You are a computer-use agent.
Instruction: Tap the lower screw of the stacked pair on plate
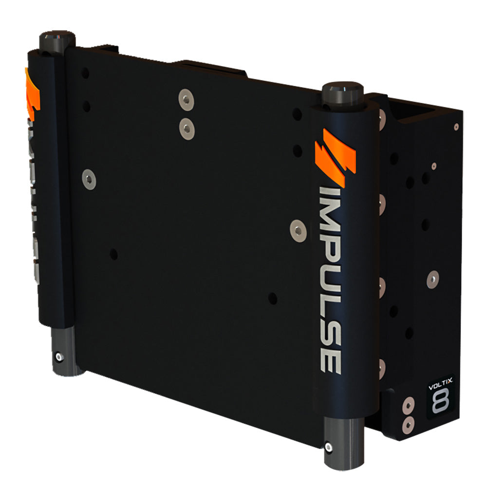click(187, 128)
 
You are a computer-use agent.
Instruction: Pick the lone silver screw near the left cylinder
click(89, 179)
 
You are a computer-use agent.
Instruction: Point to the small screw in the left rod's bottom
click(59, 357)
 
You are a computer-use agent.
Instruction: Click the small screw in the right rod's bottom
click(329, 447)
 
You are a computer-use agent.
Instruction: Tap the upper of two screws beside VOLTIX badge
click(409, 404)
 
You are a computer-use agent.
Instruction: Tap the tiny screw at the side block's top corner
click(456, 127)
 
